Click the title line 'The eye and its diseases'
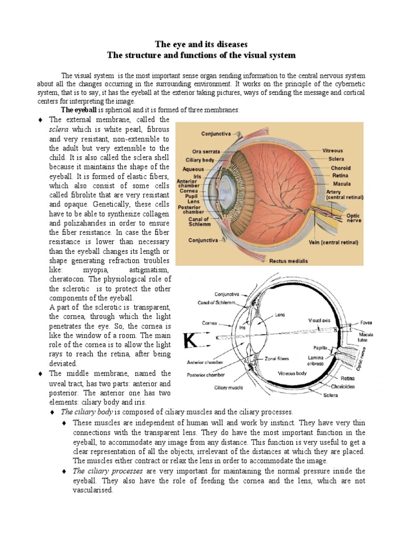(201, 44)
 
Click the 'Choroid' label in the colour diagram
(340, 168)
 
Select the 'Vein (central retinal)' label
(333, 243)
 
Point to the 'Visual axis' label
(320, 319)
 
